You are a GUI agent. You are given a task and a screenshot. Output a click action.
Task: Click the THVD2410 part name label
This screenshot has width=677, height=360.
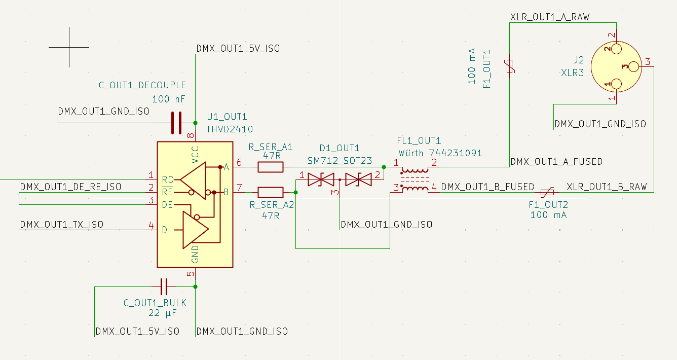tap(230, 129)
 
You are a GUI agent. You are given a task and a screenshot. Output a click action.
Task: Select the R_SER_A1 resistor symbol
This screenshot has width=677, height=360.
tap(270, 167)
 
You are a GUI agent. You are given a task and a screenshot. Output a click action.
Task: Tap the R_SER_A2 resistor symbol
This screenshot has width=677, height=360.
tap(270, 192)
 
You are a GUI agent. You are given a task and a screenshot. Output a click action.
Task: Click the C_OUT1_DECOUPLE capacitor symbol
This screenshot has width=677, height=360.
tap(176, 123)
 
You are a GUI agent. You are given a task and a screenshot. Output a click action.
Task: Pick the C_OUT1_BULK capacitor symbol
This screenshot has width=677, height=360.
tap(164, 287)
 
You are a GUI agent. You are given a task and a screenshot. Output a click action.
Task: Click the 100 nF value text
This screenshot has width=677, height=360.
tap(168, 99)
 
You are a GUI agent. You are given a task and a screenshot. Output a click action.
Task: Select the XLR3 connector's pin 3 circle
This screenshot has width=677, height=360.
tap(633, 66)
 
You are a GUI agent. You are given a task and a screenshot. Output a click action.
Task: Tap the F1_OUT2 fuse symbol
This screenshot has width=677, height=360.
tap(548, 192)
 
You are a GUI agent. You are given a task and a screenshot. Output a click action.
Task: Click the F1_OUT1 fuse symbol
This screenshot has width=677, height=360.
tap(510, 66)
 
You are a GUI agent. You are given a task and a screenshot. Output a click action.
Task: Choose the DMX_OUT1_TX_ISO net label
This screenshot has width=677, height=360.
tap(61, 224)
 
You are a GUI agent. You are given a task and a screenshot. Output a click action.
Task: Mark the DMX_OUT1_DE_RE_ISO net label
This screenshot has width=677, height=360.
tap(70, 187)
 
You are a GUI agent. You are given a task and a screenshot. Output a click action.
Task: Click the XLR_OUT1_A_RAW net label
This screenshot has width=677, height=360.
tap(550, 17)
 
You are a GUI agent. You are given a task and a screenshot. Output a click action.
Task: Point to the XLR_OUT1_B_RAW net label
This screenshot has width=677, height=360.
tap(607, 187)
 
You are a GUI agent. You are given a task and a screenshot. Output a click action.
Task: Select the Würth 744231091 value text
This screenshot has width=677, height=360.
tap(440, 153)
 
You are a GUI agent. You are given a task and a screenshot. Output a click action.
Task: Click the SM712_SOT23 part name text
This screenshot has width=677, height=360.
tap(340, 161)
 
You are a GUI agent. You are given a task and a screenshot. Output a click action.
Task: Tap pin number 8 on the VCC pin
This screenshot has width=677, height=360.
tap(191, 136)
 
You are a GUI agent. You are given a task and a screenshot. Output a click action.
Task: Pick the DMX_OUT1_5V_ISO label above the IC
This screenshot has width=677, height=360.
tap(238, 49)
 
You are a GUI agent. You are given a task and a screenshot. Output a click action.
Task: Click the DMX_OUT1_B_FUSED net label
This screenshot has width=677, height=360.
tap(487, 187)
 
